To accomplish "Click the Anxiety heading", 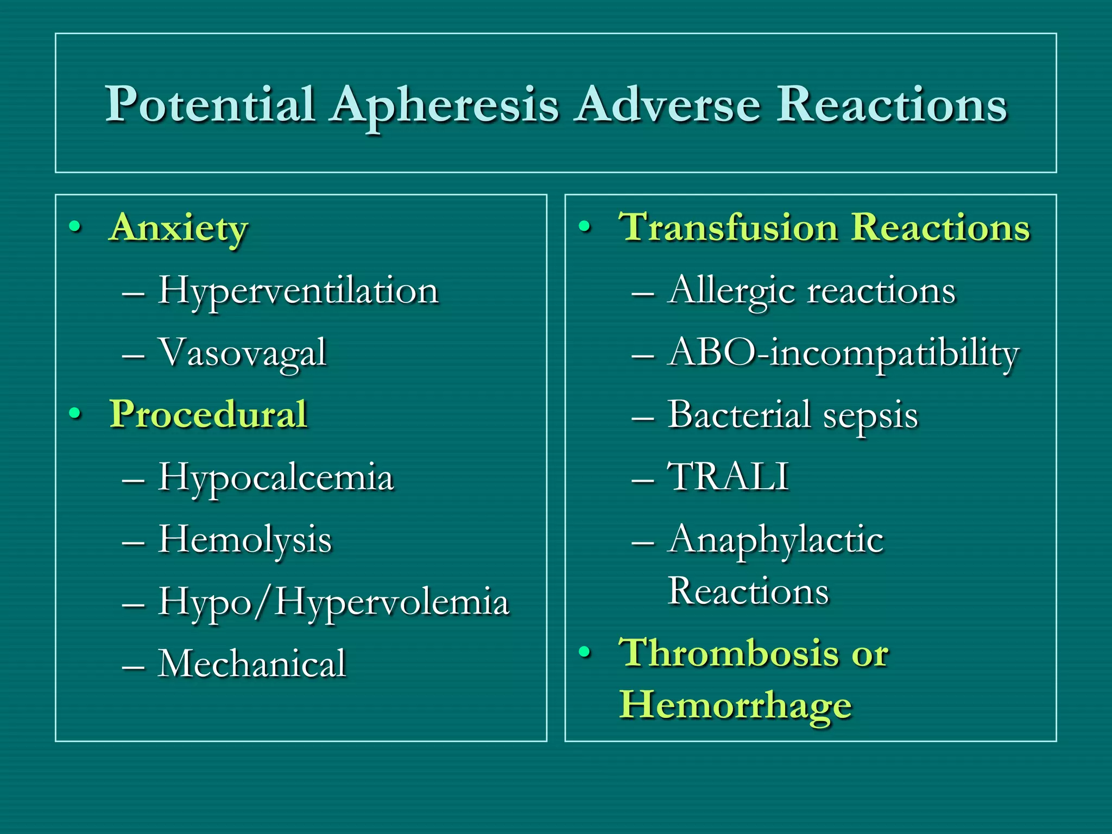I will coord(179,228).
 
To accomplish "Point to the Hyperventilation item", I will coord(298,291).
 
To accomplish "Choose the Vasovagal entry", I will coord(242,353).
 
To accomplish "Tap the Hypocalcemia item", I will coord(275,478).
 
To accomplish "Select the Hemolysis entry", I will coord(244,540).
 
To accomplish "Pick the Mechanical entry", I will coord(252,664).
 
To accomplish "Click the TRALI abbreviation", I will coord(728,477).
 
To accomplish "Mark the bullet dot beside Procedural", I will coord(75,414).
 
